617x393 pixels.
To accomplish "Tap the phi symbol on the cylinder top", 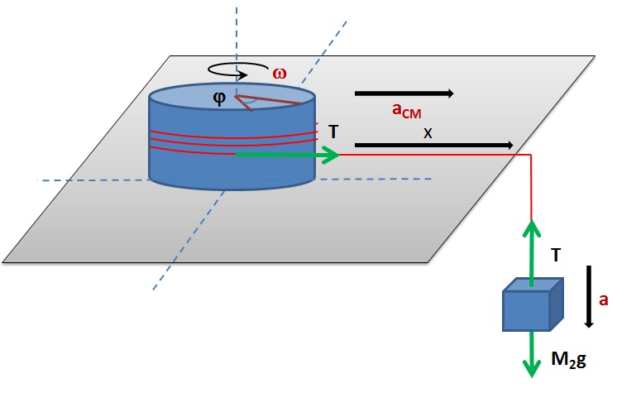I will click(x=219, y=98).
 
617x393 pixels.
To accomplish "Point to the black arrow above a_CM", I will click(x=404, y=93).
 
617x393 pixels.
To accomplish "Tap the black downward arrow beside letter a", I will click(x=587, y=295).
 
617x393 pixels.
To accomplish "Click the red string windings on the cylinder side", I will click(x=232, y=138).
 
